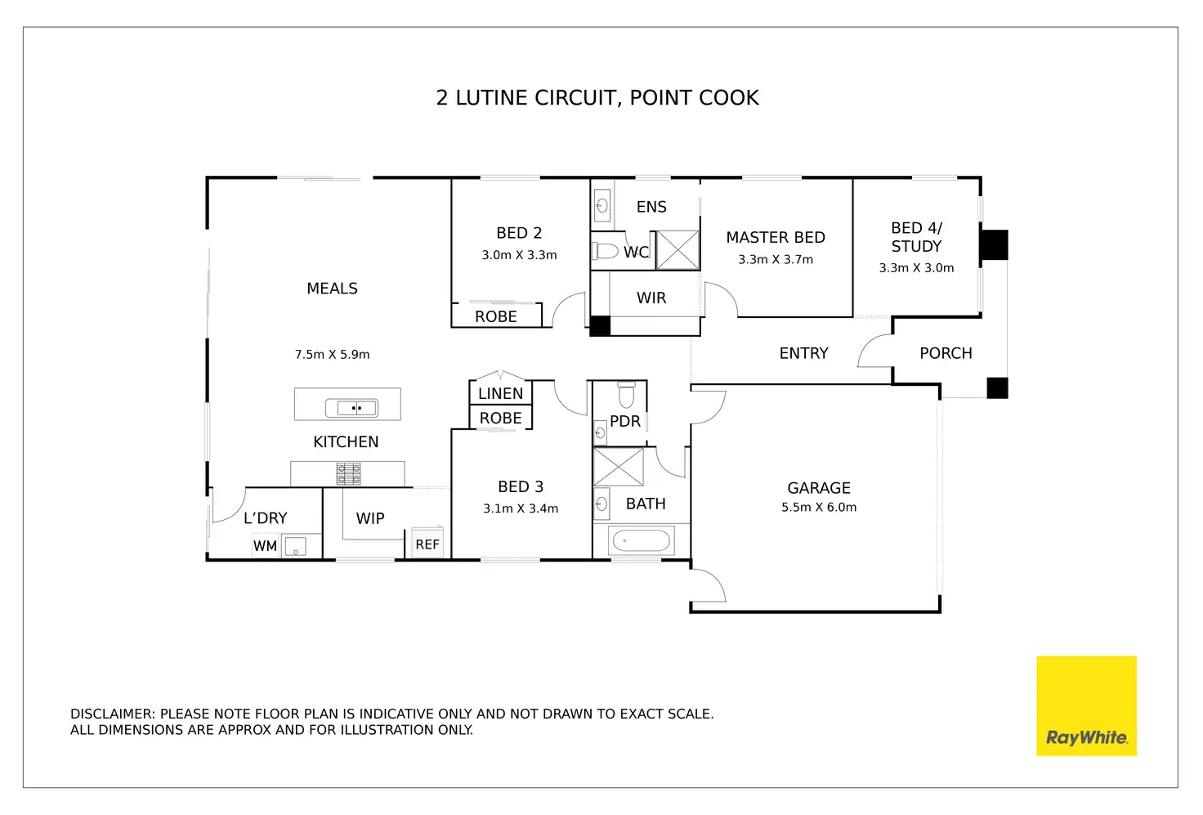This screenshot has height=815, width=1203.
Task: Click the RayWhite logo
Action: point(1086,705)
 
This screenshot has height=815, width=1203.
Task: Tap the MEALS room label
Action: point(332,289)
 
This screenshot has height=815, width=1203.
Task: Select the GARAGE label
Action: point(819,488)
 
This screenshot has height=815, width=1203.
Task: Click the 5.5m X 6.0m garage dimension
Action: point(819,508)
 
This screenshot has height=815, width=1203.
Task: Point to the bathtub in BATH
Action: point(642,541)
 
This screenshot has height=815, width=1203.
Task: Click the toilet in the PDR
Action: point(626,396)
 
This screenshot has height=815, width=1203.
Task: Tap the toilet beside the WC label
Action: point(606,250)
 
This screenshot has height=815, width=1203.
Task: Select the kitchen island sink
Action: point(351,407)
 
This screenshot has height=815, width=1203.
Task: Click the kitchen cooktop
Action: point(348,474)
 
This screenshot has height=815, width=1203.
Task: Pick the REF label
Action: point(427,544)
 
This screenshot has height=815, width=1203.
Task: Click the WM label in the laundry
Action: point(265,546)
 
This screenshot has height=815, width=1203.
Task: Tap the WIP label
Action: point(370,518)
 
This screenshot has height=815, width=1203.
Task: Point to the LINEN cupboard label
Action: point(500,393)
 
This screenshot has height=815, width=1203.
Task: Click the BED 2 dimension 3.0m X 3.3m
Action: point(519,255)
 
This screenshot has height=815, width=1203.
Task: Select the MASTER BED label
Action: point(776,238)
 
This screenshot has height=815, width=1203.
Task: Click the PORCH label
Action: point(946,353)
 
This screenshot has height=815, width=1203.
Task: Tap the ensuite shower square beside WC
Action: point(678,250)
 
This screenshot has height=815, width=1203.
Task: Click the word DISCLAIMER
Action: point(112,714)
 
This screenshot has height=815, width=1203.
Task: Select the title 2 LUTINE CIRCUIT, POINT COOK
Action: point(597,98)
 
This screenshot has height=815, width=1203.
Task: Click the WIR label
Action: point(651,298)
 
